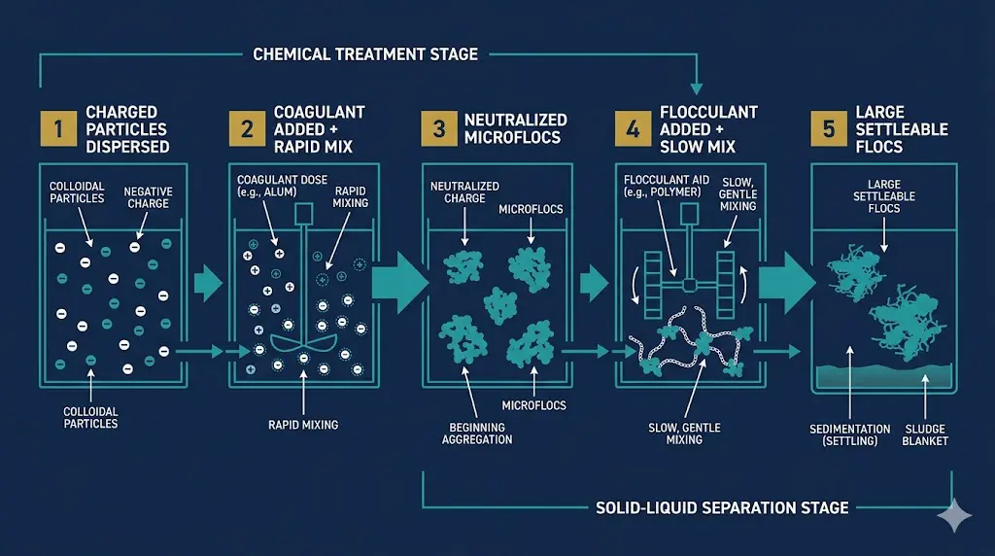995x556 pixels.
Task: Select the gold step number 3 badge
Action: click(x=438, y=128)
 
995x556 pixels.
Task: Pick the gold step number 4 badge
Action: click(x=632, y=128)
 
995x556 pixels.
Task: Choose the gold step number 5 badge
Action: click(x=827, y=128)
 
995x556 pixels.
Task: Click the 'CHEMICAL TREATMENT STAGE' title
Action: click(x=365, y=54)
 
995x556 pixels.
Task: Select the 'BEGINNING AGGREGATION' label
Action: click(x=477, y=433)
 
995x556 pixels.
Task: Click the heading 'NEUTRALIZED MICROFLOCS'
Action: click(x=516, y=128)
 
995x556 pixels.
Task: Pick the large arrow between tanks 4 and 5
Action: click(x=783, y=283)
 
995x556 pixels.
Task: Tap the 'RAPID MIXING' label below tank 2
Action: click(x=302, y=424)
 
